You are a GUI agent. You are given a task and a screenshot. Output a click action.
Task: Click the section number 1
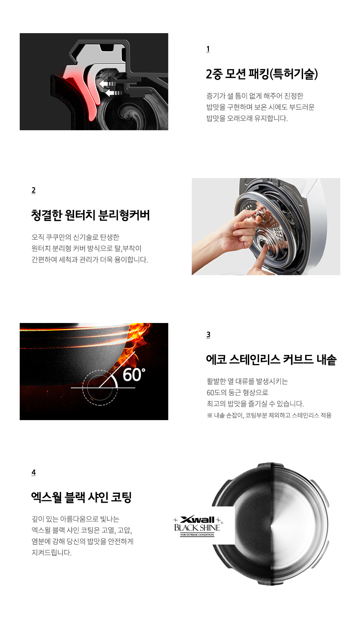pos(208,49)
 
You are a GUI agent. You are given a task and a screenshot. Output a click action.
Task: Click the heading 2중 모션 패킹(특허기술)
pos(262,74)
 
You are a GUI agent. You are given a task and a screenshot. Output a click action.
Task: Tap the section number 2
pos(33,190)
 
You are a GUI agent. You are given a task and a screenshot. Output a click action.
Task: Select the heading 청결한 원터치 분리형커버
pos(90,215)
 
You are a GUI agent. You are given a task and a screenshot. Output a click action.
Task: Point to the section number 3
pos(208,335)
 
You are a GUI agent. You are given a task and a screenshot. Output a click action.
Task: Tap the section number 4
pos(33,472)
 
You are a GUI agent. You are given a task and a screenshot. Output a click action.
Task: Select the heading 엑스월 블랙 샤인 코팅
pos(82,497)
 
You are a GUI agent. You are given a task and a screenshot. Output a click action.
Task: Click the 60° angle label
pos(134,374)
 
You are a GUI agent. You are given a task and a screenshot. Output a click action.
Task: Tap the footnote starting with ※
pos(269,416)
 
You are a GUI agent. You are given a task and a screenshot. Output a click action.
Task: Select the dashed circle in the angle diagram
pos(100,387)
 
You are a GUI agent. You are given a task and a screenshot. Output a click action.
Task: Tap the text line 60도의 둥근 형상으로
pos(237,392)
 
